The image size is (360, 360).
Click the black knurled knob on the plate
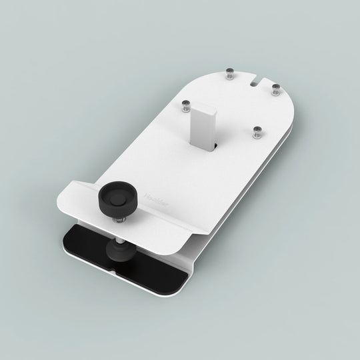click(x=113, y=201)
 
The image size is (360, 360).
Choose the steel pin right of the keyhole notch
click(x=274, y=90)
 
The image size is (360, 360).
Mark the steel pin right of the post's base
click(x=255, y=133)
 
